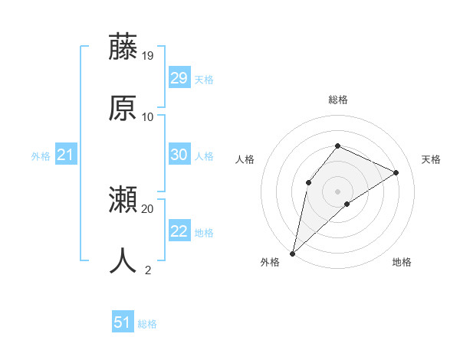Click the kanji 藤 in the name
click(x=123, y=47)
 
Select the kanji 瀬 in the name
click(x=123, y=201)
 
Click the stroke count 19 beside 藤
click(x=148, y=56)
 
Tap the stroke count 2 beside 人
click(x=148, y=270)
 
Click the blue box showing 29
click(x=179, y=78)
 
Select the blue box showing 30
click(x=179, y=155)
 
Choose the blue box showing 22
click(x=179, y=231)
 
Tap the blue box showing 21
click(x=65, y=155)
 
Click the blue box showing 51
click(x=122, y=323)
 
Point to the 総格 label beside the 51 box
click(x=147, y=324)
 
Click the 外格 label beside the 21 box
click(x=41, y=156)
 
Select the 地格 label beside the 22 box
click(x=204, y=232)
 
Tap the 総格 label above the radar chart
click(x=337, y=100)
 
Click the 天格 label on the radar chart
click(x=431, y=159)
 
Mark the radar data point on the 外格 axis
click(x=292, y=253)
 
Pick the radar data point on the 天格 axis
click(x=396, y=172)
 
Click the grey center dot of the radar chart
click(x=337, y=191)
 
